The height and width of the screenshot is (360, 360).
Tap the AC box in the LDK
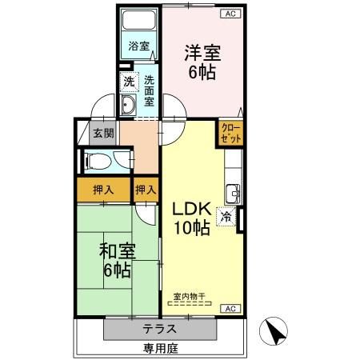click(x=227, y=308)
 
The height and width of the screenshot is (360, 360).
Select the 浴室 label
click(x=138, y=46)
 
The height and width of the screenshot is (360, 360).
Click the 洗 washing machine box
click(x=129, y=82)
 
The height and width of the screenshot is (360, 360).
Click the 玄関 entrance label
click(x=103, y=134)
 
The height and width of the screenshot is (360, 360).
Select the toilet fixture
click(x=99, y=160)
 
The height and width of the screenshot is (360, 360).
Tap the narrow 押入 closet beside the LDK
click(x=146, y=190)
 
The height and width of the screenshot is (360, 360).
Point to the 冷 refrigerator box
click(x=227, y=216)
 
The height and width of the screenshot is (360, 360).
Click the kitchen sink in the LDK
click(x=234, y=193)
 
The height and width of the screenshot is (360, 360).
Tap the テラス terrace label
click(x=160, y=329)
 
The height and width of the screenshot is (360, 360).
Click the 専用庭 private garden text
click(x=159, y=348)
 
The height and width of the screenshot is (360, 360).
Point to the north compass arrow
click(x=276, y=331)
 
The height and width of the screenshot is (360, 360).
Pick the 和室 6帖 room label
click(x=117, y=258)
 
